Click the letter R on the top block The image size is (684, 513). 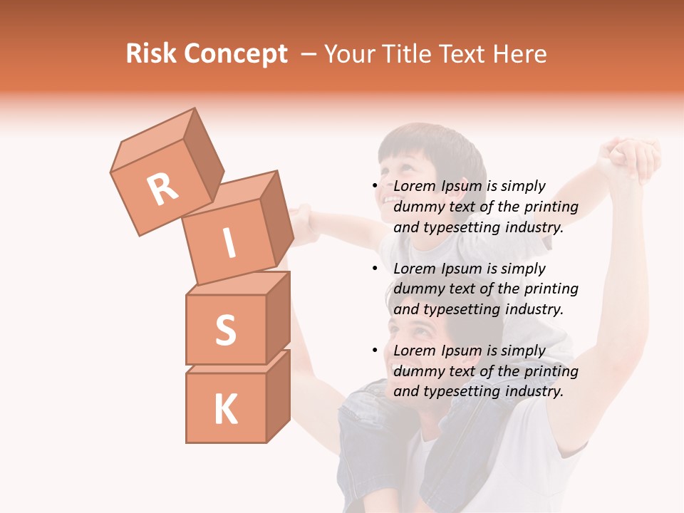[162, 190]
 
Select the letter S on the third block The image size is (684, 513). [225, 330]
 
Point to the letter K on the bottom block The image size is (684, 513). [225, 410]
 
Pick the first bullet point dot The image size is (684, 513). [375, 187]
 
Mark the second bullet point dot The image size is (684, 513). [375, 269]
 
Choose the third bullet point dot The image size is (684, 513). [375, 351]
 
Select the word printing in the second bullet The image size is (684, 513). [551, 289]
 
